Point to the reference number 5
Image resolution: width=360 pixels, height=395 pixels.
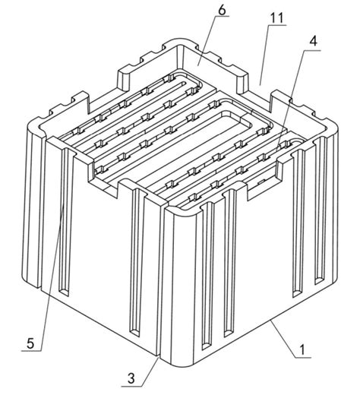tap(30, 343)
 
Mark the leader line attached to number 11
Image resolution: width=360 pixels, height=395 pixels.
tap(263, 53)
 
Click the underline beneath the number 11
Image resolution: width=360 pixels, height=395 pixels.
tap(276, 25)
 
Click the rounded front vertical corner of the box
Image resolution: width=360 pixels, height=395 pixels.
tap(169, 289)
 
